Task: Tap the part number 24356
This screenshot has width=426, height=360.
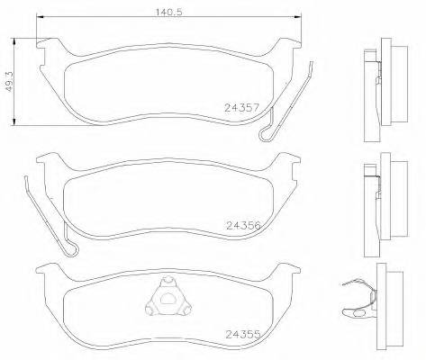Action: click(x=244, y=226)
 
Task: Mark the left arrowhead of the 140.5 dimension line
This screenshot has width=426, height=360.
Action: click(x=41, y=20)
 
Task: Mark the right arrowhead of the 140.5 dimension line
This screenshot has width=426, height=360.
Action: click(x=302, y=20)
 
